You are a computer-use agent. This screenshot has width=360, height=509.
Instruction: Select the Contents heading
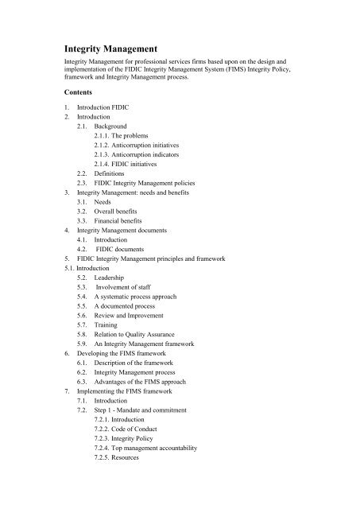pyautogui.click(x=83, y=93)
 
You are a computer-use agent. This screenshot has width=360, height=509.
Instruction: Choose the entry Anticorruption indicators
pyautogui.click(x=139, y=158)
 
